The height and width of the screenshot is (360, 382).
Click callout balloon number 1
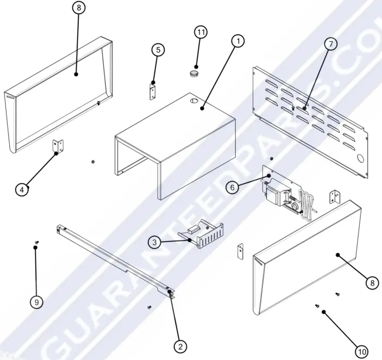click(x=237, y=41)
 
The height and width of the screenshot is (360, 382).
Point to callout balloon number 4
click(x=21, y=189)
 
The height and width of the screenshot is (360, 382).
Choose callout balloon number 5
click(x=158, y=49)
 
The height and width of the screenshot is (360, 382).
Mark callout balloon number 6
click(x=232, y=187)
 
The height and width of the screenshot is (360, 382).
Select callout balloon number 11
click(x=201, y=32)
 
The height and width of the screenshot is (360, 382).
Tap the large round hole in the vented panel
click(x=360, y=158)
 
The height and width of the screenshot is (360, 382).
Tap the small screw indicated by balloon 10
click(x=317, y=307)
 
